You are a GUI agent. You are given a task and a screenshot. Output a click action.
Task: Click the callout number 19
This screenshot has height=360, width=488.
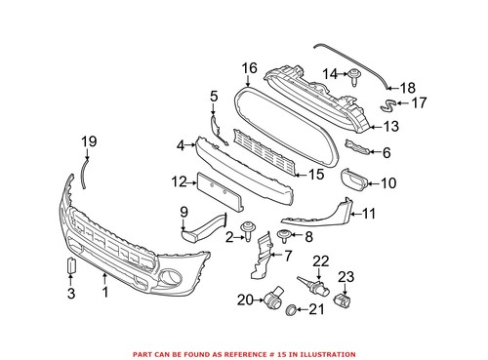tap(88, 142)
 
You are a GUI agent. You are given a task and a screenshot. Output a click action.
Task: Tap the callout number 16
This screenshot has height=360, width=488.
tap(249, 67)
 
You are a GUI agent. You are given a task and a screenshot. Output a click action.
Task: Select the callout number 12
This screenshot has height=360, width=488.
tap(178, 180)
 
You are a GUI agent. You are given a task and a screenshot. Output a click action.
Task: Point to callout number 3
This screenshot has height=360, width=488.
tap(69, 293)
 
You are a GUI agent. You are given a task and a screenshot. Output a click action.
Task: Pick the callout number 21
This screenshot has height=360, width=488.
tap(317, 310)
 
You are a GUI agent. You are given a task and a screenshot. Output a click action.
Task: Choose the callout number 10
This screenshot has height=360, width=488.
tap(387, 182)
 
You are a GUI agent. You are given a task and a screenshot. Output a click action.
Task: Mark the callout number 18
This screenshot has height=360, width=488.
tap(408, 87)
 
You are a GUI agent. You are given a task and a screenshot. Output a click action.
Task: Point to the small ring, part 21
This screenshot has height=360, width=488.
tap(289, 310)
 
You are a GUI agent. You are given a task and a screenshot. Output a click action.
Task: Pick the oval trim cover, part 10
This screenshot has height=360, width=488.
tap(353, 180)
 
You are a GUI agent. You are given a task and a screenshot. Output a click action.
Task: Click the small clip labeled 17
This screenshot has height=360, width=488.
tap(389, 100)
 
